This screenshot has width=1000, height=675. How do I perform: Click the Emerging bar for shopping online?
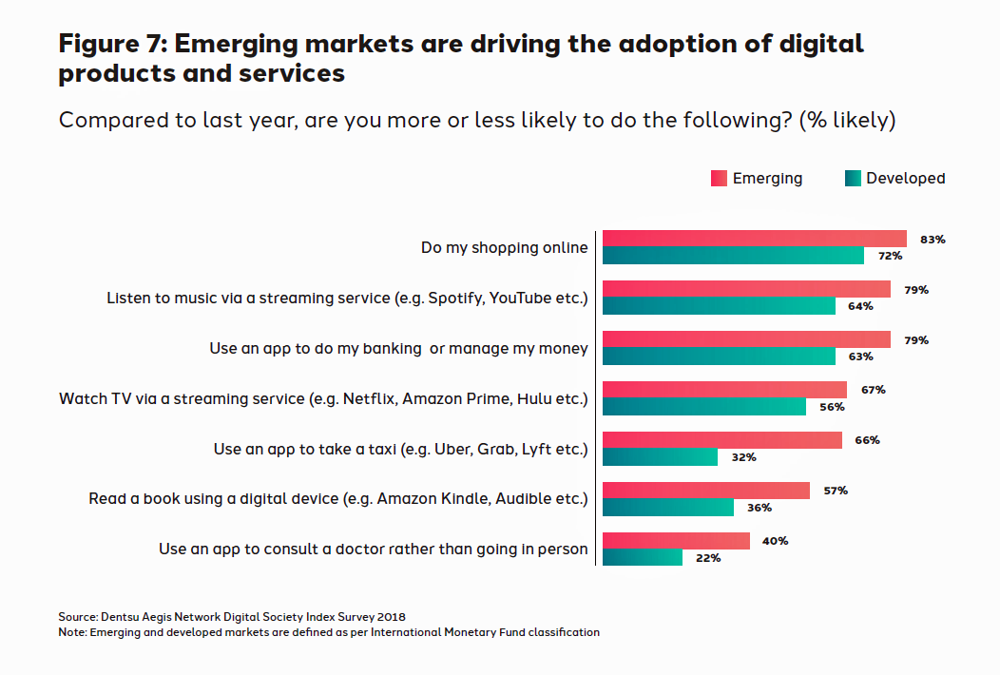point(755,239)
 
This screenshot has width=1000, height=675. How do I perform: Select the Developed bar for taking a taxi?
point(661,457)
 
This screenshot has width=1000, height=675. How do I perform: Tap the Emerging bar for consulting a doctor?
point(676,541)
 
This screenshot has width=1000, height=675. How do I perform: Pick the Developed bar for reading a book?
point(668,508)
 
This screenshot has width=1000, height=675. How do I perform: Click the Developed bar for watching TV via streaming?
point(704,407)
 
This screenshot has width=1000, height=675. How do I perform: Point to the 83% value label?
point(933,240)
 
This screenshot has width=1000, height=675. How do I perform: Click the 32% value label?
point(743,457)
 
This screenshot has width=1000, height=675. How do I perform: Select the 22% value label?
point(708,558)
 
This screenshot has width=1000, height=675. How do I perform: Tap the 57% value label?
point(835,491)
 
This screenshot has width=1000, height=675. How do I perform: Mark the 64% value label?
point(861,306)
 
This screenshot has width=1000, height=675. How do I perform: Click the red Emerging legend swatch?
point(719,179)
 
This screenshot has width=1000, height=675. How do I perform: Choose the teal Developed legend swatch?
point(853,179)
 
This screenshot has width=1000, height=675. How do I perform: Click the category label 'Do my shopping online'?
point(505,248)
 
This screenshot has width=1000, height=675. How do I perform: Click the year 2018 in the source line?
point(403,616)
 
